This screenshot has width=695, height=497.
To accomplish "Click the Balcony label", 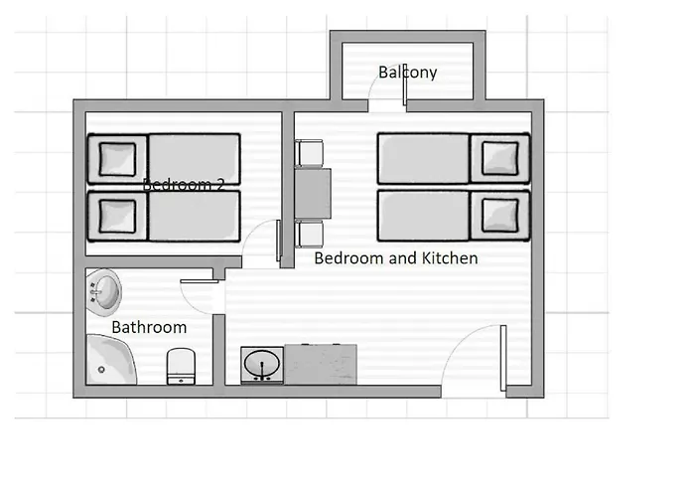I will [x=408, y=73].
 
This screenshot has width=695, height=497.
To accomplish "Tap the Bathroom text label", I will [x=149, y=327].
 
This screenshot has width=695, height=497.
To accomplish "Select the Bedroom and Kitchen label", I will [x=396, y=258].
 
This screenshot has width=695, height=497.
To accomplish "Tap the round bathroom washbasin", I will [x=102, y=290].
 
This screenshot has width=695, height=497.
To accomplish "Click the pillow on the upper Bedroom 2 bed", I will [x=117, y=158].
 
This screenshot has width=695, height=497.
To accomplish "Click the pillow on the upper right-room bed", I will [x=498, y=158].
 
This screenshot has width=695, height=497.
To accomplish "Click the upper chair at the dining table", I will [x=309, y=154].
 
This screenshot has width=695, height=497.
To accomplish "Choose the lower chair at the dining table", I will [x=309, y=235].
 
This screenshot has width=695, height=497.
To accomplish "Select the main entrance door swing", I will [x=475, y=358].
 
